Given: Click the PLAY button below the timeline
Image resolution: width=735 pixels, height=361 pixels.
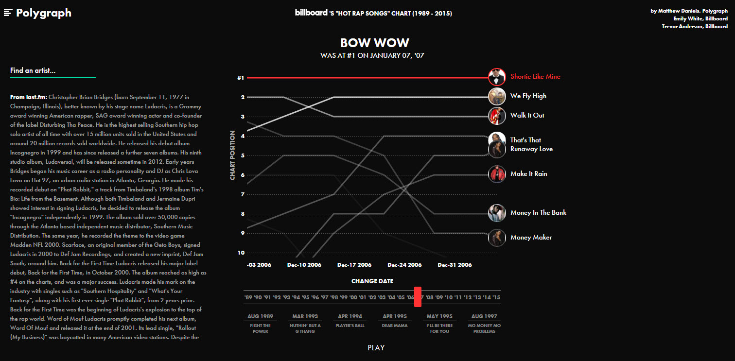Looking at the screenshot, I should [x=376, y=348].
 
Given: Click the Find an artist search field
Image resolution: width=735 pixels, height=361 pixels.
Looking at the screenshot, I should [x=52, y=71].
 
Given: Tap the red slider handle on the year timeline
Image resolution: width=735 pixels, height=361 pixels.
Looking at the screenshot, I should [x=418, y=297].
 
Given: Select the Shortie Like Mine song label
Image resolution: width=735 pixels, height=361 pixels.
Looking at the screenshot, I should [x=535, y=77].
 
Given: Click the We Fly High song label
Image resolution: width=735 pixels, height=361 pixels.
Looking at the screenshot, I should [x=528, y=96].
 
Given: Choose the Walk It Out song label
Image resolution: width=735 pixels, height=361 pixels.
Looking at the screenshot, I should [x=527, y=116].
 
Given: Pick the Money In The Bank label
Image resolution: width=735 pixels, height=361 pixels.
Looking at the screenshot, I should [x=538, y=213].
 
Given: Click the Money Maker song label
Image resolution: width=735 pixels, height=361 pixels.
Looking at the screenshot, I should [x=531, y=238].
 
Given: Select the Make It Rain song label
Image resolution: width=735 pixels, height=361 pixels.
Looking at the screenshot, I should [x=528, y=174].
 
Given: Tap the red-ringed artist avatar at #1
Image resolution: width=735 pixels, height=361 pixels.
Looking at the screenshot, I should [x=497, y=77].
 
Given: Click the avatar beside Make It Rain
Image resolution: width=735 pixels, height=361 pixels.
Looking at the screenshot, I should [x=497, y=174].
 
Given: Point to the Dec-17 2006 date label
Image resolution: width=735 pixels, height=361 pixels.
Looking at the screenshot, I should [x=354, y=265].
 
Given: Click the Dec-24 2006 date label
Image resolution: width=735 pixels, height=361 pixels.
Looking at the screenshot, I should [x=404, y=265].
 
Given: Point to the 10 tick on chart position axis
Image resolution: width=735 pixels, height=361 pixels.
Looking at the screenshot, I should [x=241, y=253].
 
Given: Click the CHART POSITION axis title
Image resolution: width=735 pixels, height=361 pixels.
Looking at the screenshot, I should [x=232, y=155].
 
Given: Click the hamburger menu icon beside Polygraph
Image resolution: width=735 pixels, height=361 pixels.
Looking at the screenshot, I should [x=8, y=13].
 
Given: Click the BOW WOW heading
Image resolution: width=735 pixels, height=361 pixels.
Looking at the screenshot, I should [x=374, y=43].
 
